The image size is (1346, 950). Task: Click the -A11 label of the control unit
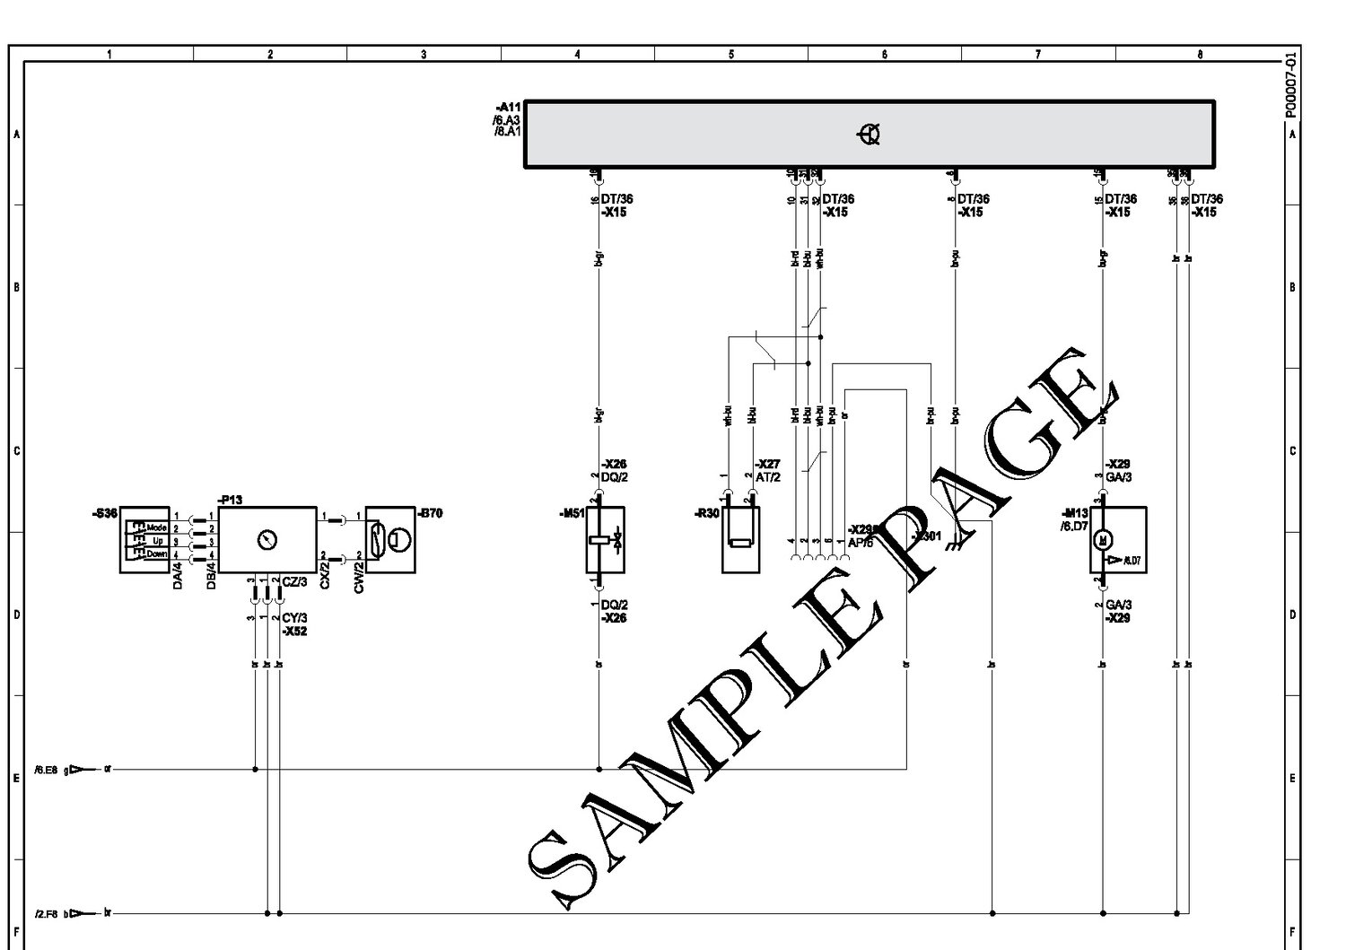(508, 107)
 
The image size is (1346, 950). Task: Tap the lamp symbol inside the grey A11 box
(869, 135)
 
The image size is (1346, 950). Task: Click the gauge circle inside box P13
(267, 539)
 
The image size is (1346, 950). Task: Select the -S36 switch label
(105, 514)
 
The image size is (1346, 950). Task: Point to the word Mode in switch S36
(158, 527)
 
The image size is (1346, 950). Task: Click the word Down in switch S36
(157, 554)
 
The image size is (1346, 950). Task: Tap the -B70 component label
(430, 514)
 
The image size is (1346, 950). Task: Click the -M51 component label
(571, 514)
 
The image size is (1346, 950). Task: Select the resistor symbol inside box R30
(740, 542)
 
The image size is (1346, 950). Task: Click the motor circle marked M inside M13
(1105, 539)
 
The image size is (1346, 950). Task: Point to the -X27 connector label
(768, 465)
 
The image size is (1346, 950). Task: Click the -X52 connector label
(294, 632)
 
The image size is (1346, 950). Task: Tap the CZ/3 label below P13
(294, 581)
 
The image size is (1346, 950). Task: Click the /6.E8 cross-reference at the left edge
(46, 769)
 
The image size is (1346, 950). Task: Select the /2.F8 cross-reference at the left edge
(46, 913)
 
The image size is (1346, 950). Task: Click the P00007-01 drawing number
(1290, 84)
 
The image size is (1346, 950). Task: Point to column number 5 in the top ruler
(731, 55)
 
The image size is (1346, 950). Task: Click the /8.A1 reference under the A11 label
(507, 130)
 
